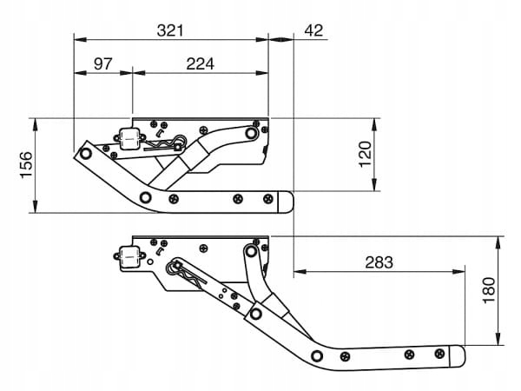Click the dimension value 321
170,30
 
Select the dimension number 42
313,30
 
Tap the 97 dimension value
102,64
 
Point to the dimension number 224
199,64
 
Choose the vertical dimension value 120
365,154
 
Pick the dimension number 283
379,262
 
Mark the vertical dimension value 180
488,290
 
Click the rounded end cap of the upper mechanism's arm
286,202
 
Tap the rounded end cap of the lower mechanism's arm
457,355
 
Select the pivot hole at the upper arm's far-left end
85,153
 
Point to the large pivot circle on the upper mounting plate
251,134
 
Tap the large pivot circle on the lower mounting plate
251,252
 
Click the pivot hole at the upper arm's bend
147,196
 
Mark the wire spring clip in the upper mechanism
165,143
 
